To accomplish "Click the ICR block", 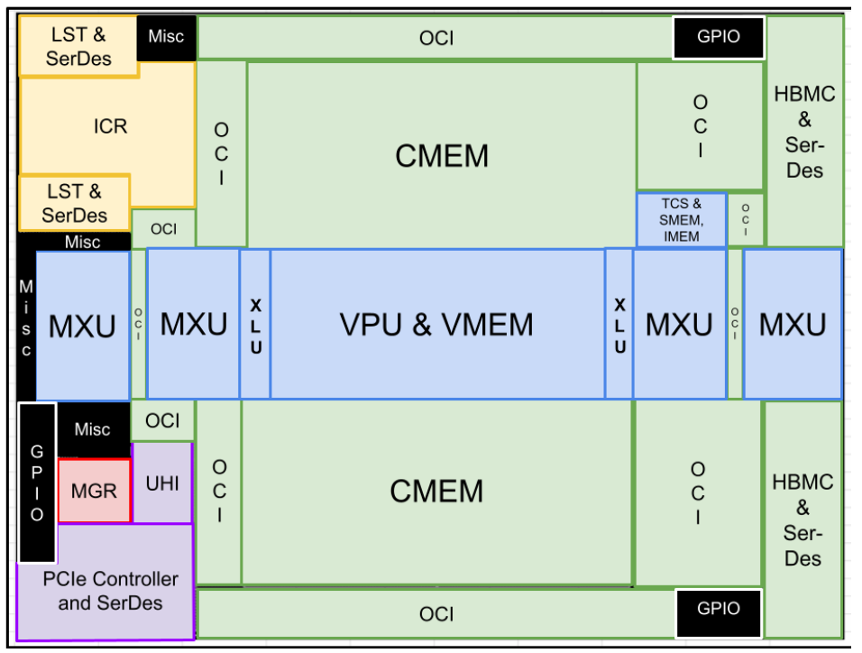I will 110,126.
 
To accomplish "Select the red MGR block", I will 94,492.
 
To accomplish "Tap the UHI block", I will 162,483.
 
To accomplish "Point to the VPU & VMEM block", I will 436,325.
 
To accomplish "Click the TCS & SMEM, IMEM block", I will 682,220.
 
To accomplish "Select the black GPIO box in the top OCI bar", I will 719,37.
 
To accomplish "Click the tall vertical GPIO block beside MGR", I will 37,483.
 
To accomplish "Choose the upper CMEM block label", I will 442,156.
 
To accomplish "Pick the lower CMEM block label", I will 436,492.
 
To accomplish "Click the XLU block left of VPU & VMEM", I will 255,325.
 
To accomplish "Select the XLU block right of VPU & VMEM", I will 619,325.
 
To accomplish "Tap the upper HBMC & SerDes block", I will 804,131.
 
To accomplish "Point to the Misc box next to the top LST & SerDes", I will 166,37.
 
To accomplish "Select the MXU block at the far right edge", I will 793,325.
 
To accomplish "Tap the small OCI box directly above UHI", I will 162,420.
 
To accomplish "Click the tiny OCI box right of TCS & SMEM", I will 746,219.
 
